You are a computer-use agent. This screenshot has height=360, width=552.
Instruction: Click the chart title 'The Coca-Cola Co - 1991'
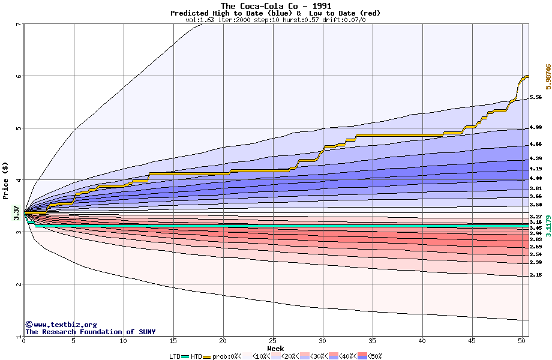point(275,6)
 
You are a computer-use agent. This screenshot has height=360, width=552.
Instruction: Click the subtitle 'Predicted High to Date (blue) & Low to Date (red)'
point(275,13)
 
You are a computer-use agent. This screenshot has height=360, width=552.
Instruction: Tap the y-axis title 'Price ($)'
point(5,180)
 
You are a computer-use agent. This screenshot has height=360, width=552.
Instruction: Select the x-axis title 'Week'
point(275,348)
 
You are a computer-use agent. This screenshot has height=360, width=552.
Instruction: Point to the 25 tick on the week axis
point(273,341)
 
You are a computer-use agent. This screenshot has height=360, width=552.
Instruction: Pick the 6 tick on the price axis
point(18,76)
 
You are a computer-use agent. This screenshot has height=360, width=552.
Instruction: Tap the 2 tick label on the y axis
point(18,284)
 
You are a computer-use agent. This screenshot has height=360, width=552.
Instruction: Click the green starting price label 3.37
point(16,212)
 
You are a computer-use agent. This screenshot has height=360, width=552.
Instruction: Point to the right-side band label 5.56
point(536,97)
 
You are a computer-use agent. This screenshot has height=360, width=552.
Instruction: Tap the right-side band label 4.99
point(536,128)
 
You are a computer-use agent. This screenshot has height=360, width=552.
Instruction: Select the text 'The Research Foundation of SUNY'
point(90,332)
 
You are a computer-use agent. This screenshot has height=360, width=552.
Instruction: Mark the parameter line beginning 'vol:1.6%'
point(275,20)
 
